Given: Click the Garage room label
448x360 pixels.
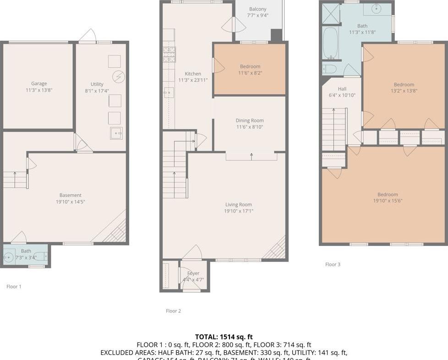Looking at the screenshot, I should point(39,84).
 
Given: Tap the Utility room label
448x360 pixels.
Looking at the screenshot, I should point(97,84).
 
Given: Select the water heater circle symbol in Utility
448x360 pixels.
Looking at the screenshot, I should point(118,76).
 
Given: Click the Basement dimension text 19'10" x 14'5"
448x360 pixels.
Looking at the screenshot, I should point(70,202).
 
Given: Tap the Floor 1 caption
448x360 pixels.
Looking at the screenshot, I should point(14,287).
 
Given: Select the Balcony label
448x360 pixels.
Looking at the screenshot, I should point(257,9).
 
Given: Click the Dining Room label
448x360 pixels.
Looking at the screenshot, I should point(250,120).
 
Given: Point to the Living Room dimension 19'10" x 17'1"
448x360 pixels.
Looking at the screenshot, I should point(239,211).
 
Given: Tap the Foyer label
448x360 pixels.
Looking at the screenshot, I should point(193,273).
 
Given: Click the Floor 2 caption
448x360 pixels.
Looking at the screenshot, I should point(173,311).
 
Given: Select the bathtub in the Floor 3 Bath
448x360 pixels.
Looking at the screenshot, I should point(330,44).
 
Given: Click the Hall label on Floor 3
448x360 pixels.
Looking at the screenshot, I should point(342,89).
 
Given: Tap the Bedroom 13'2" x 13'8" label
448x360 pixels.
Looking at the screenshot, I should point(404,84).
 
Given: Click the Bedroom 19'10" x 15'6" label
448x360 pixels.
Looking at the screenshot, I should point(388,194).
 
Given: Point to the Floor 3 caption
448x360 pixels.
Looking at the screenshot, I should point(333,265).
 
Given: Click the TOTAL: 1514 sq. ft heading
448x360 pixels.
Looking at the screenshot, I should point(224,337).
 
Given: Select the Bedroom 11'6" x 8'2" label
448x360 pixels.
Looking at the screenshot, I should point(250,66).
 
